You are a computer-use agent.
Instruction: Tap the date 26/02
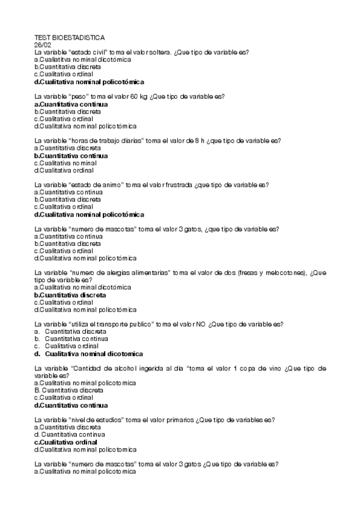[x=43, y=45]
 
